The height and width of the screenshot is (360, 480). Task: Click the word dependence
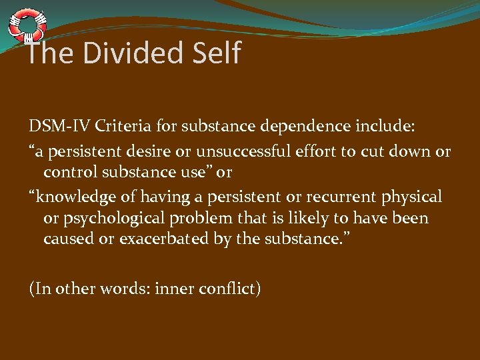(x=296, y=127)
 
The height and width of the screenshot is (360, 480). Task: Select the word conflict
(x=227, y=289)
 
